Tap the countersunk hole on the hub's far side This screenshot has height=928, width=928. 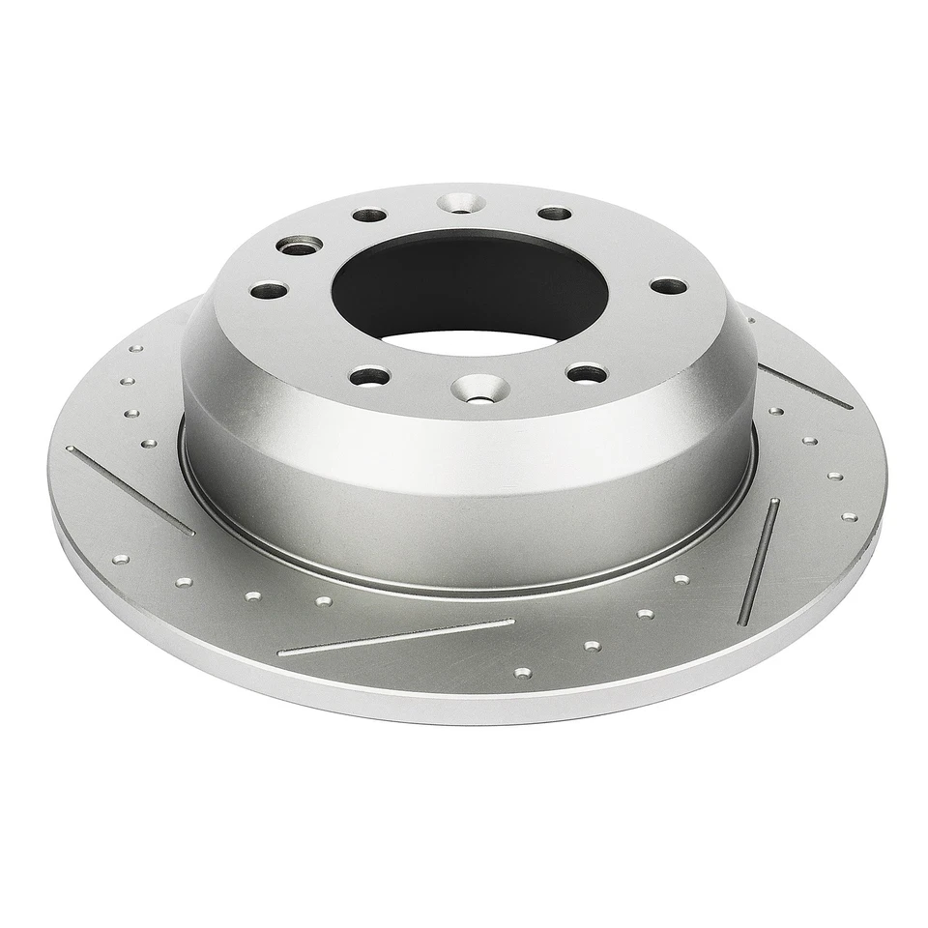coord(461,203)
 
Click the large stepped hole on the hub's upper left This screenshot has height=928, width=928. coord(300,246)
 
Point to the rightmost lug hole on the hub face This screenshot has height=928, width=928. coord(668,286)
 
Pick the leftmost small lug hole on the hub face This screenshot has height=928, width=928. coord(269,289)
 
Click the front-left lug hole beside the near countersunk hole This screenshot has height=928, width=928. coord(369,375)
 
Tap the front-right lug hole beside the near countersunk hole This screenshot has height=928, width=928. coord(586,372)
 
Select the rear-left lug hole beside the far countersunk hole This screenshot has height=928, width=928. coord(369,215)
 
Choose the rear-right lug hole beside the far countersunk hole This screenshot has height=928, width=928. coord(554,213)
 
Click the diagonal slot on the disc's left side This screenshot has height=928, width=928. coord(130,490)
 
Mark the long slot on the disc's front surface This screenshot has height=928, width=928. coord(396,637)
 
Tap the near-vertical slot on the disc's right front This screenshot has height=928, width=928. coord(759,561)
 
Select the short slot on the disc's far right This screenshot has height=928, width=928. coord(805,386)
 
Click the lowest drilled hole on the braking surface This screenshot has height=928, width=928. coord(522,672)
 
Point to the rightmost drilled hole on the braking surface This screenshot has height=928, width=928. coord(849,516)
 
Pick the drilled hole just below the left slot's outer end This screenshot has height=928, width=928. coord(121,559)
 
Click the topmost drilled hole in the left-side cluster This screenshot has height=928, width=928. coord(135,349)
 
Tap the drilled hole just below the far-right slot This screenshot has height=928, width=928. coord(776,411)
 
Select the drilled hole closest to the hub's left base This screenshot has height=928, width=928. coord(149,444)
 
